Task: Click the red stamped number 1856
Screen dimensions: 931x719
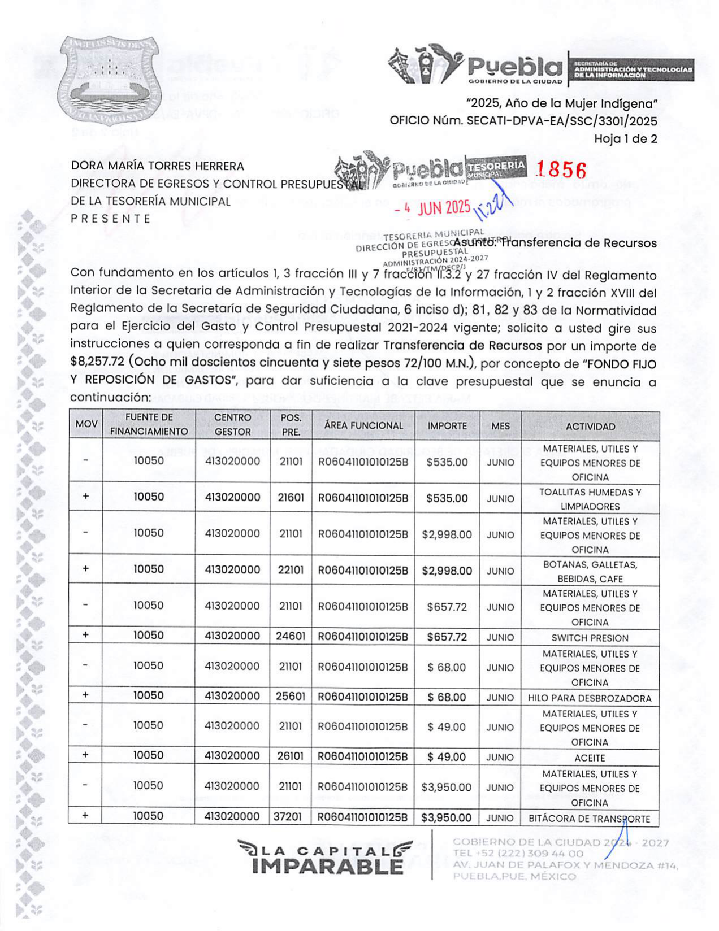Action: click(561, 169)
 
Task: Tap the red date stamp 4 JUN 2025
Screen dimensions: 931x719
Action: click(432, 208)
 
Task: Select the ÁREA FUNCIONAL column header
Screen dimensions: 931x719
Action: click(363, 425)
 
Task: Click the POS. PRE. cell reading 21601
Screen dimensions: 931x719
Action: click(291, 498)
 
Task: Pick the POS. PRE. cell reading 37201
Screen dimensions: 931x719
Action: click(290, 816)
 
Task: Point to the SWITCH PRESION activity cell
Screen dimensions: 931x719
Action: click(590, 638)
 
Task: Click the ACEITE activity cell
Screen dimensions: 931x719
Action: click(590, 758)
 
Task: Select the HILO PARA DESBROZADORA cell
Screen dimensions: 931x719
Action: click(590, 698)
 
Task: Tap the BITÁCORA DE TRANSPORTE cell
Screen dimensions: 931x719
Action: click(589, 819)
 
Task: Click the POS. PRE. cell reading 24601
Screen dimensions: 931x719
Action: click(291, 636)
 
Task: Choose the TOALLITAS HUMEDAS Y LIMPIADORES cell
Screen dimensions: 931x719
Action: click(590, 499)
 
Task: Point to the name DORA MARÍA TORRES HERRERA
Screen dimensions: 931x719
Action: click(157, 166)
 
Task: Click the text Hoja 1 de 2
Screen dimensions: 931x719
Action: click(625, 139)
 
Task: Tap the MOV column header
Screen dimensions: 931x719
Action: click(86, 424)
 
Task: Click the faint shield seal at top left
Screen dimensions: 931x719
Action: click(109, 79)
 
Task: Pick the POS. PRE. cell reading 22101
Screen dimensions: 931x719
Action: click(291, 570)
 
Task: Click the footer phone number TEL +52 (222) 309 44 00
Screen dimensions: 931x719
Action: click(518, 854)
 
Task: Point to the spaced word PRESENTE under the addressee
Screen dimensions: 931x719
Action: click(111, 219)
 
